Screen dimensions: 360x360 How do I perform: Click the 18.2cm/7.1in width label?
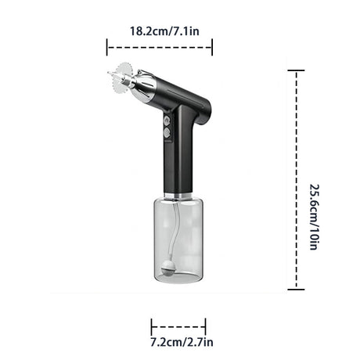[159, 32]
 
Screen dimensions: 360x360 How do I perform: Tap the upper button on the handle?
[167, 121]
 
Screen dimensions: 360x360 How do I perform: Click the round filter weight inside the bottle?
[166, 272]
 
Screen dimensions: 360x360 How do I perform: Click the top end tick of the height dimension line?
[295, 70]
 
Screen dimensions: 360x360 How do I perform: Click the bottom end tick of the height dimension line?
[295, 290]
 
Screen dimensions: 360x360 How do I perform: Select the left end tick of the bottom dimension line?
[151, 326]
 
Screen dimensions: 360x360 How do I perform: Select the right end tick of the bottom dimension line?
[205, 326]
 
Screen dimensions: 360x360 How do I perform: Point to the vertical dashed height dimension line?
[295, 180]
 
